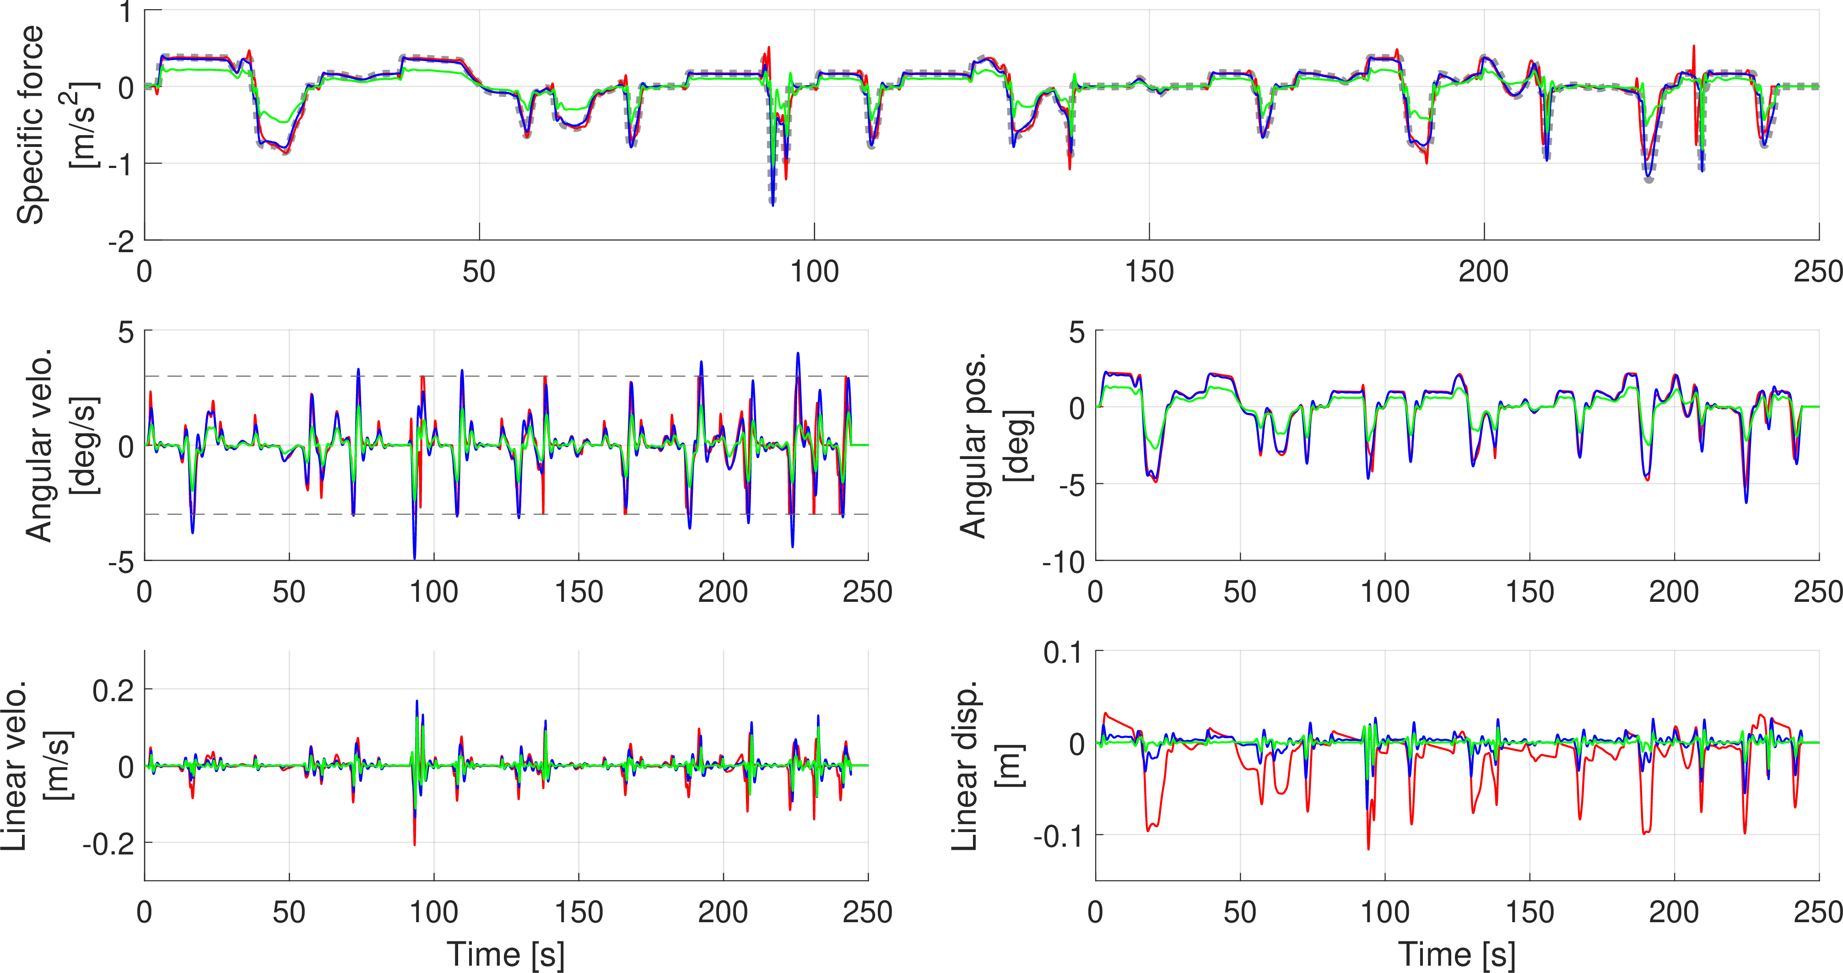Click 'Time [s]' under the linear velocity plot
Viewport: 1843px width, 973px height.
point(506,954)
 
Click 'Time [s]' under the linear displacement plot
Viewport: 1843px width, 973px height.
point(1457,954)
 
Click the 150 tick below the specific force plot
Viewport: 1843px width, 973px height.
point(1149,272)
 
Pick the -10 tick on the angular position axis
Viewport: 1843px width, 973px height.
point(1064,563)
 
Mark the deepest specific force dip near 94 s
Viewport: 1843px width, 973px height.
point(773,205)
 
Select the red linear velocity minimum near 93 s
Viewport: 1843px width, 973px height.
point(414,845)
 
